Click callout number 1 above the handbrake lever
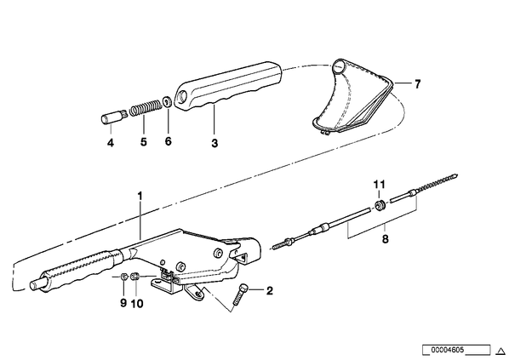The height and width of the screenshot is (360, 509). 140,196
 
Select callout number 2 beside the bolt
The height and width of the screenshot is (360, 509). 270,291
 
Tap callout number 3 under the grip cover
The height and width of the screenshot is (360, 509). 214,143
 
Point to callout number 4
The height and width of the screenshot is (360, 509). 111,142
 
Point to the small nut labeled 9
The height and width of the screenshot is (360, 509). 123,277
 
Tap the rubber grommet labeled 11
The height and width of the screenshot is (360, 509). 380,206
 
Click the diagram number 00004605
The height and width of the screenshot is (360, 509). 448,350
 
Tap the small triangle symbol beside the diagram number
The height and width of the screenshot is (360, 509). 500,351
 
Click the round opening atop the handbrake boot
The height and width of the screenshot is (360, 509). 340,66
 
